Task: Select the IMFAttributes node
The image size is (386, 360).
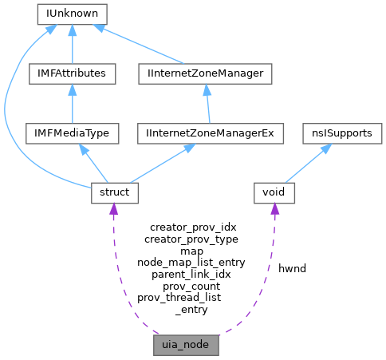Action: coord(73,73)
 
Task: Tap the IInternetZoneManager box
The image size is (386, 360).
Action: coord(205,73)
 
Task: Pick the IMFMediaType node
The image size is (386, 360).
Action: coord(73,133)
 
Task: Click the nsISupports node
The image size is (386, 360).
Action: coord(337,133)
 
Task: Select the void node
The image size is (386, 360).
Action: coord(274,192)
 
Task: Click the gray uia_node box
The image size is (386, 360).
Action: coord(186,348)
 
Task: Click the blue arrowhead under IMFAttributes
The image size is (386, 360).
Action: coord(73,91)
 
